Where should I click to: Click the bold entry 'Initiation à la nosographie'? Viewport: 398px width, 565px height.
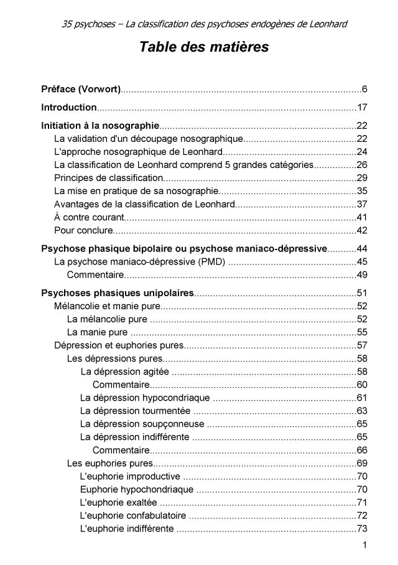(99, 125)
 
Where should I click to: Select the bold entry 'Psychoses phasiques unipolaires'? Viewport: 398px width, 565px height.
(118, 293)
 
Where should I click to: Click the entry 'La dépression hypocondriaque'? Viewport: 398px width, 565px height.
(145, 397)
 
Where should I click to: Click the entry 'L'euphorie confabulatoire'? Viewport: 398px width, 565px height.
(133, 515)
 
